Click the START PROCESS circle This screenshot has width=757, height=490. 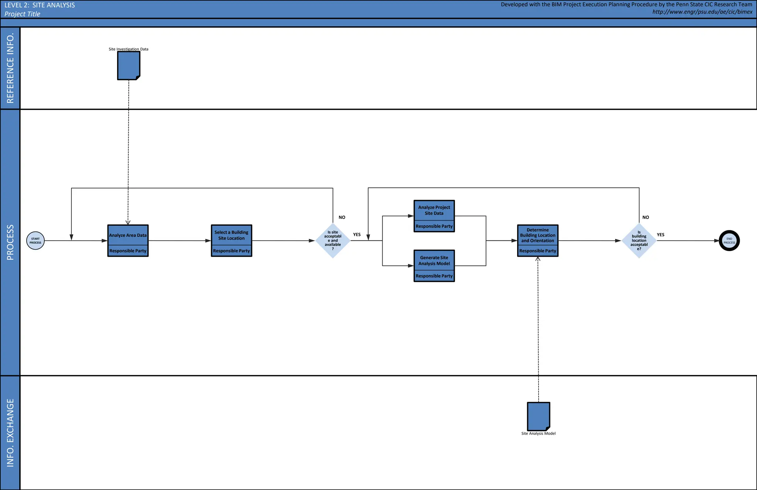[x=35, y=241]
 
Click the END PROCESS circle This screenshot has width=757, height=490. [x=729, y=241]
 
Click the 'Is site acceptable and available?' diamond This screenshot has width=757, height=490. [x=333, y=241]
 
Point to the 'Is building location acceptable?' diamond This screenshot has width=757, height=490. [x=639, y=241]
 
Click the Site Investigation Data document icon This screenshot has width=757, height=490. [x=129, y=65]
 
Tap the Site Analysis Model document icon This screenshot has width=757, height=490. [x=539, y=416]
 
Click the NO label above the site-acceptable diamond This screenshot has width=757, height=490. [x=342, y=217]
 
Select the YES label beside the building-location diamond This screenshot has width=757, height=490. [x=661, y=235]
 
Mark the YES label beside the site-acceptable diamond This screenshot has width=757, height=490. [x=357, y=235]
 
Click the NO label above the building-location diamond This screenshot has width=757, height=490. [x=646, y=217]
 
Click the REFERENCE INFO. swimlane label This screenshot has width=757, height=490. [x=10, y=68]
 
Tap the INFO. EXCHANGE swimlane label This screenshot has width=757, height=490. [x=10, y=433]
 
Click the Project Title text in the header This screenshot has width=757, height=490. [x=22, y=14]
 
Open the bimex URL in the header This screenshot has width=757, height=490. [x=702, y=12]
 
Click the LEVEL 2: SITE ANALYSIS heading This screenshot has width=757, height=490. [x=40, y=5]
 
